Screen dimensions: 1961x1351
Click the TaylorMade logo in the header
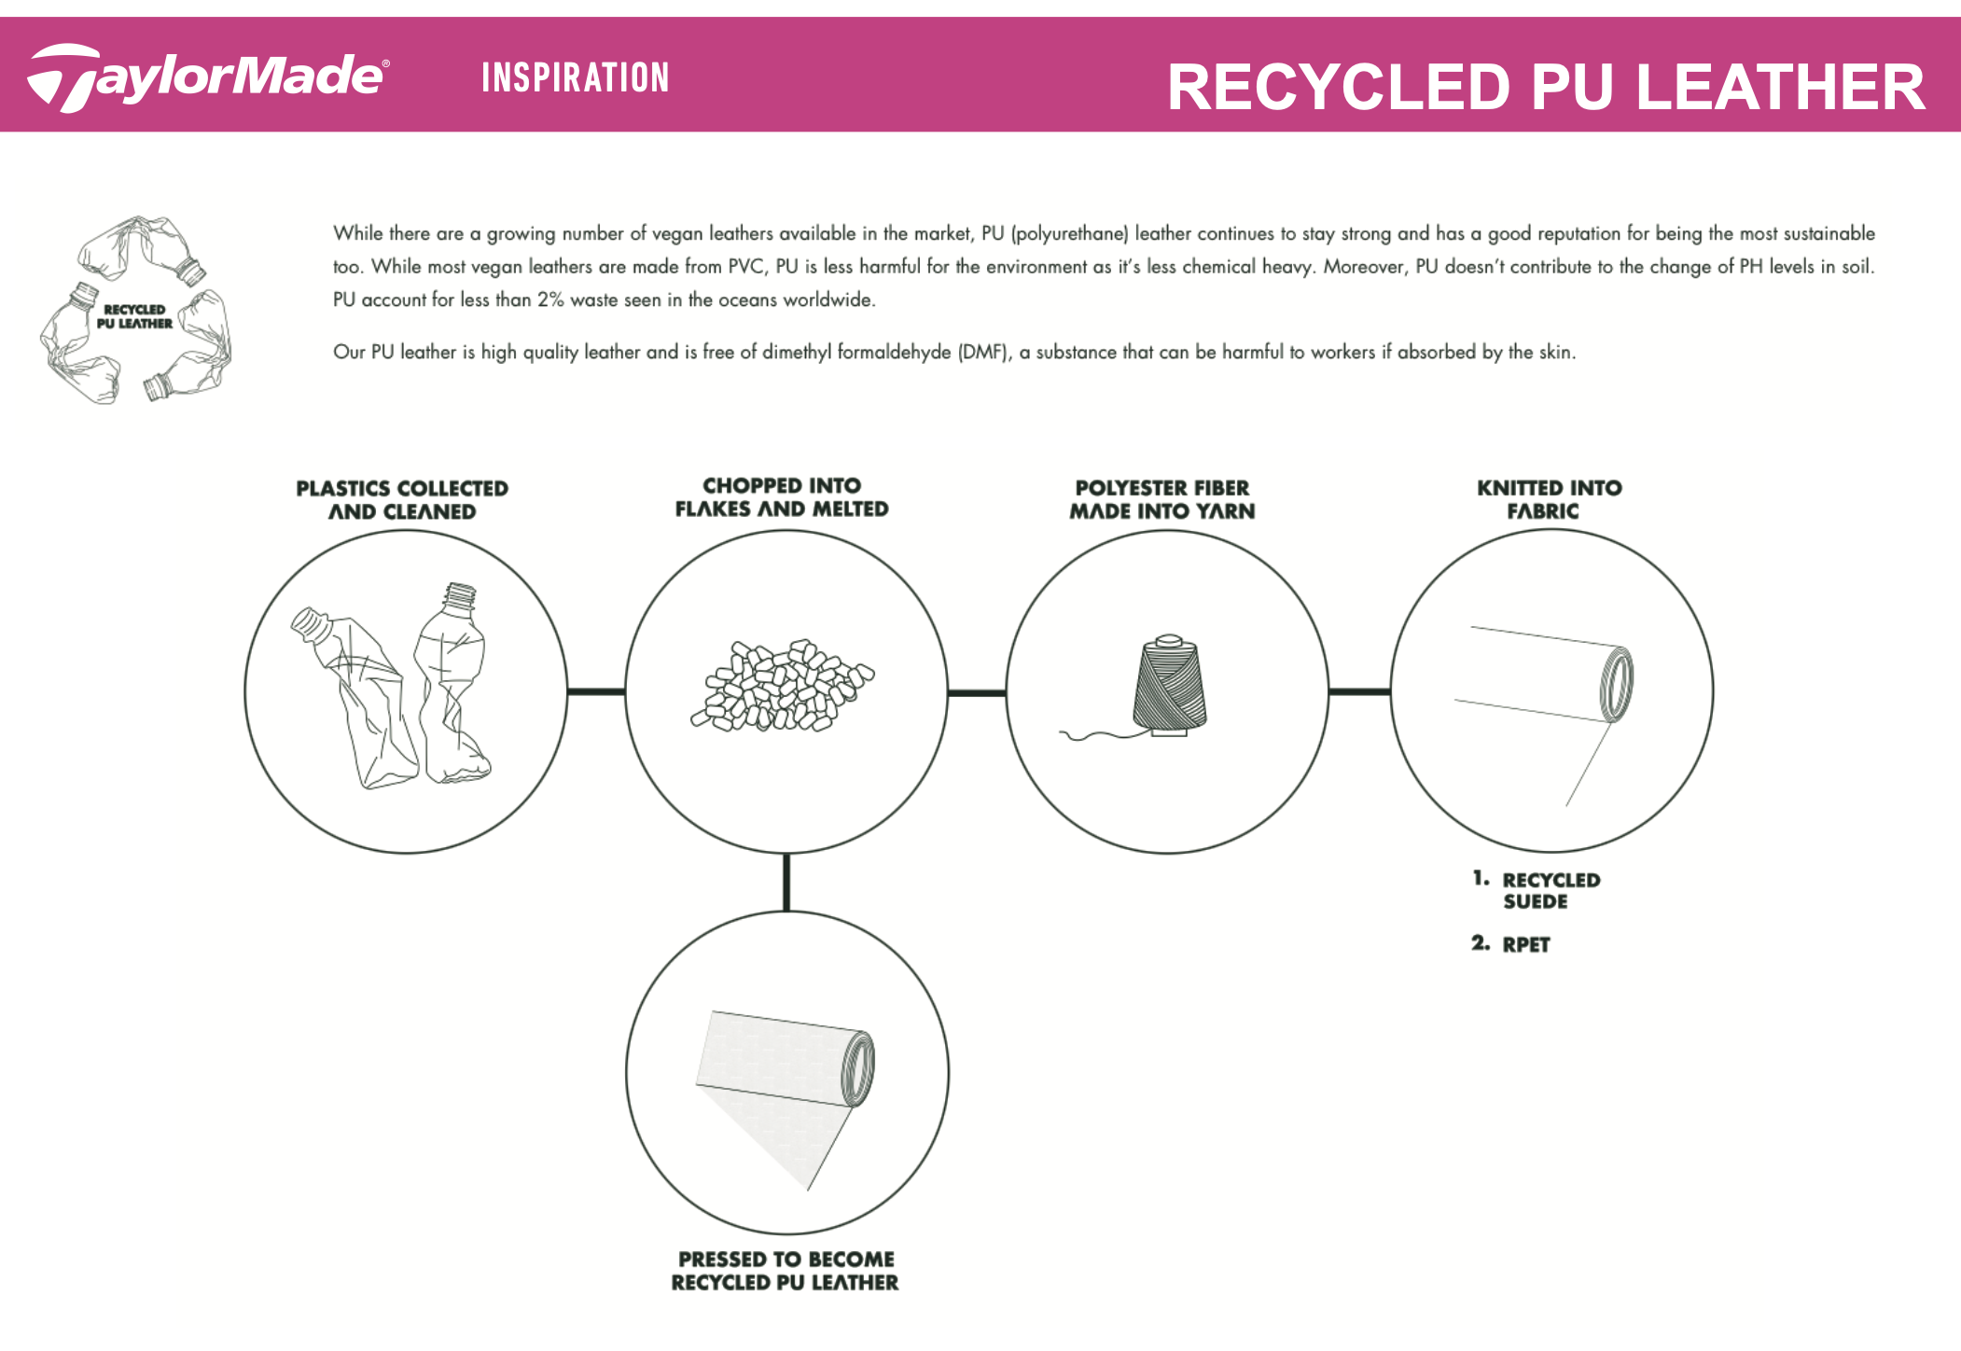(207, 77)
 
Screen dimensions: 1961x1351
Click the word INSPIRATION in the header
(576, 77)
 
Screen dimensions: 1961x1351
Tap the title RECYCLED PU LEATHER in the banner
(1546, 87)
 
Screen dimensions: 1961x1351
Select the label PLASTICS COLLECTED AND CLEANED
(402, 500)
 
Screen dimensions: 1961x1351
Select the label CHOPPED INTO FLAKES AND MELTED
(782, 497)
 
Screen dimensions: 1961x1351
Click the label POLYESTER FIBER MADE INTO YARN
(1162, 499)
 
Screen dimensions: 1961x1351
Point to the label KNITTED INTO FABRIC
(1549, 499)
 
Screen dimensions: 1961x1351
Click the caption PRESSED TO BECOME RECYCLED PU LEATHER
(786, 1271)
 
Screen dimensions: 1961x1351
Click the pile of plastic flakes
(782, 685)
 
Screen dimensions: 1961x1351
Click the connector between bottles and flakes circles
(596, 691)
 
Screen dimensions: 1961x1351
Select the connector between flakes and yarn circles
(977, 692)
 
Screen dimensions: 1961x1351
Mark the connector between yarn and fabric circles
(1359, 691)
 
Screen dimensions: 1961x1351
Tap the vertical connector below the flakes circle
(786, 882)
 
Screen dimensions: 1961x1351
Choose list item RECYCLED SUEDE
(1550, 890)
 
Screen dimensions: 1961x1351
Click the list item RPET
(1525, 944)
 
